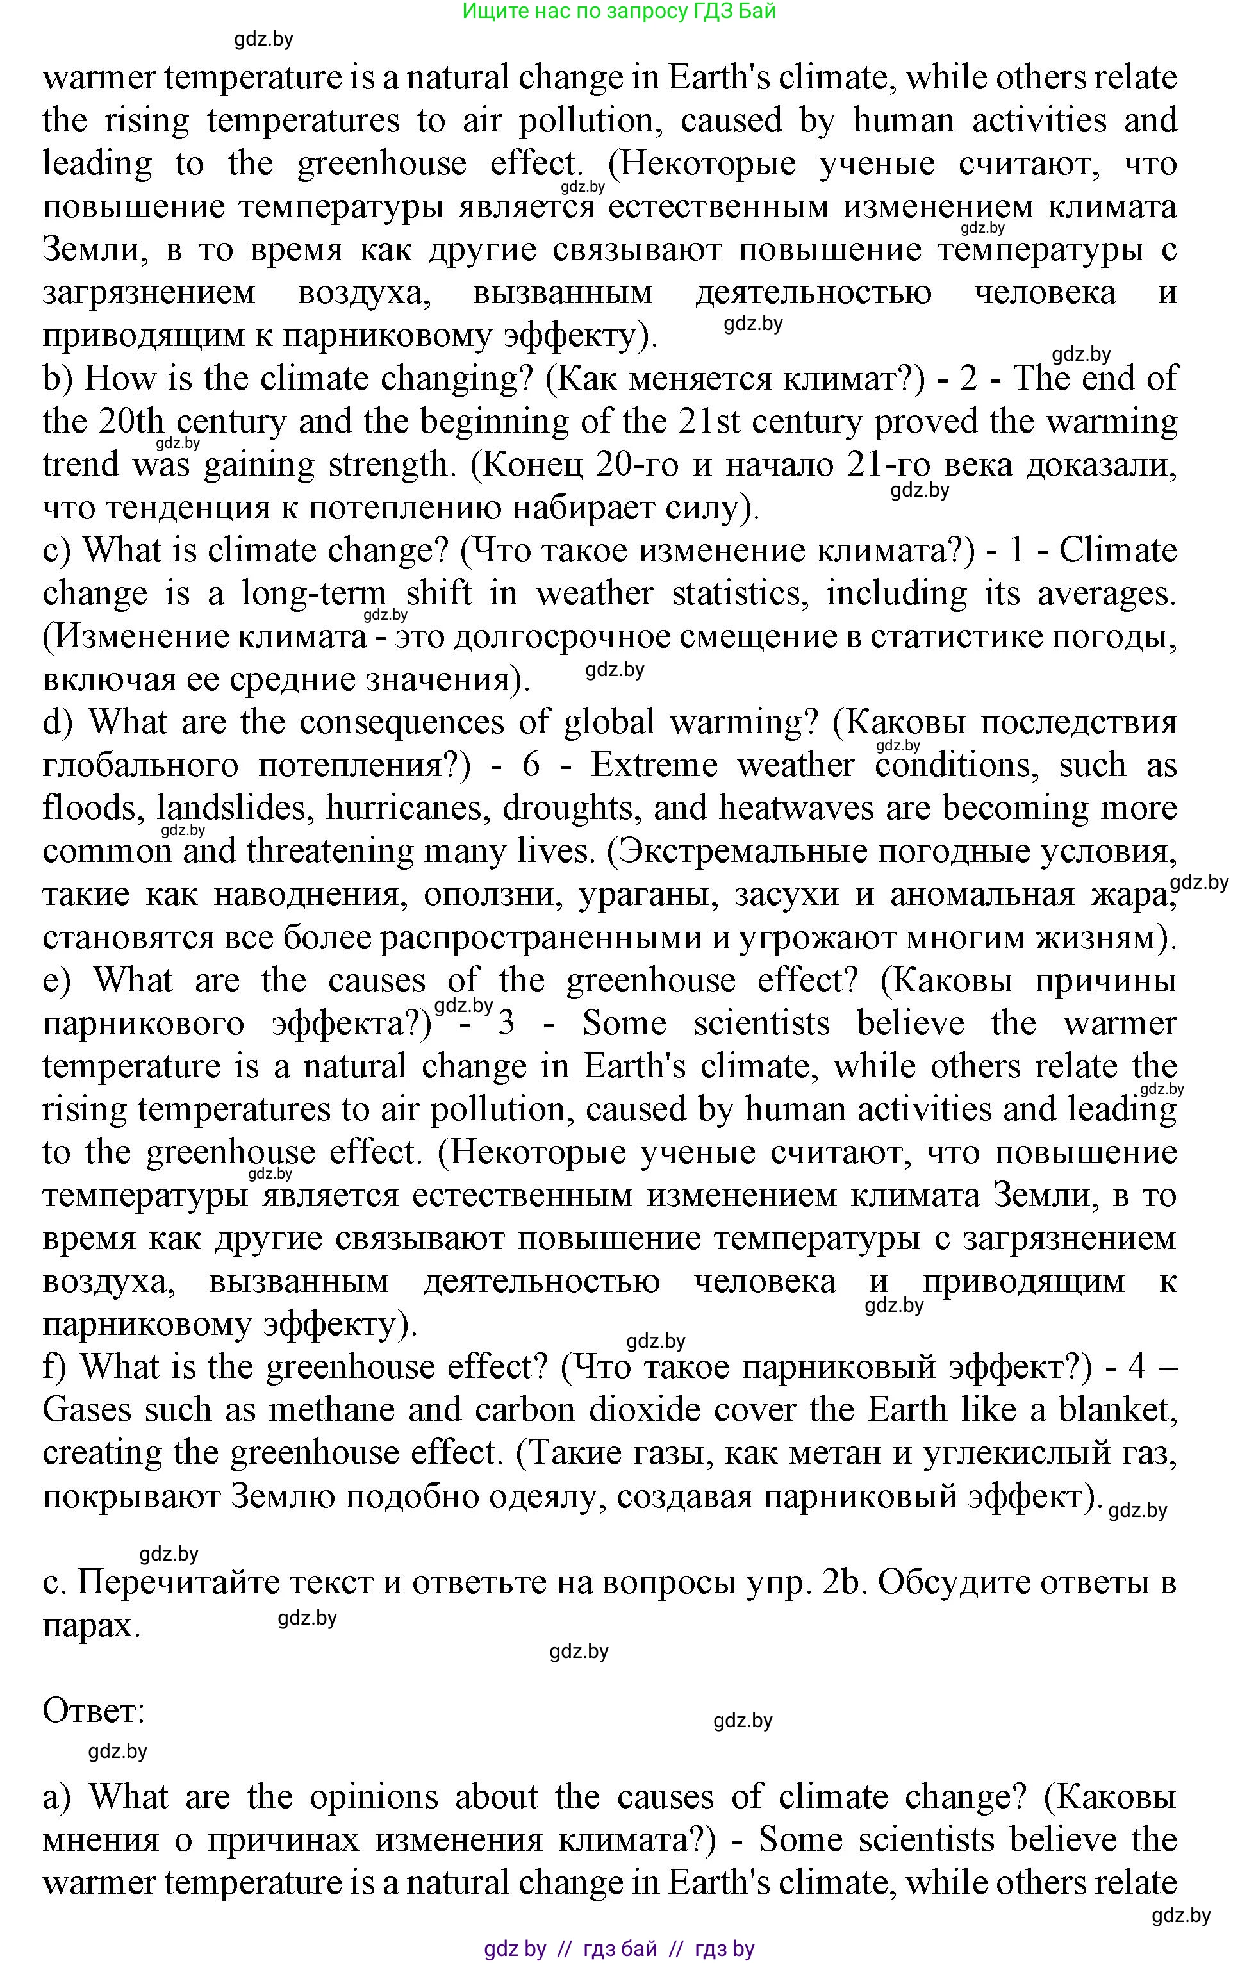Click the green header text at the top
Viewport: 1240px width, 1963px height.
pyautogui.click(x=619, y=12)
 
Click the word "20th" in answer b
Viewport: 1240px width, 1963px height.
pyautogui.click(x=131, y=422)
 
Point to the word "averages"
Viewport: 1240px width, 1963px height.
pyautogui.click(x=1105, y=593)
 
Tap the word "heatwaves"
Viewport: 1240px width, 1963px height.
pyautogui.click(x=781, y=809)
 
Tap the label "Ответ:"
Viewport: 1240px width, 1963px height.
pyautogui.click(x=93, y=1711)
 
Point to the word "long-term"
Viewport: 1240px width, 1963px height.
pyautogui.click(x=314, y=593)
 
